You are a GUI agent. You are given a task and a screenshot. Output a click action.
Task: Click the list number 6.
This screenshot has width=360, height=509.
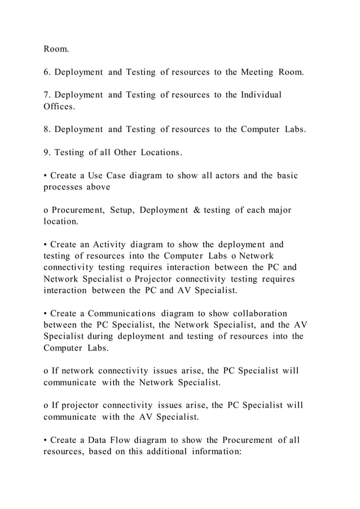coord(47,72)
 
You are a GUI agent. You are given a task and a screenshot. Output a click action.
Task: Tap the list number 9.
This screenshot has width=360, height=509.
coord(47,152)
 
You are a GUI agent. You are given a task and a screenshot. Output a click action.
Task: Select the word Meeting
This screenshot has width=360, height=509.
coord(258,72)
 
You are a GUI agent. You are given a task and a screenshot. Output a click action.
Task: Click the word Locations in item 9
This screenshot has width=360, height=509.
coord(161,152)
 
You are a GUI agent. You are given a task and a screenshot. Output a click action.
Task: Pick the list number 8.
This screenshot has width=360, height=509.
coord(47,129)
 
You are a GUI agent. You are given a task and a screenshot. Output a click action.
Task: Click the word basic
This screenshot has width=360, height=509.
coord(284,175)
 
